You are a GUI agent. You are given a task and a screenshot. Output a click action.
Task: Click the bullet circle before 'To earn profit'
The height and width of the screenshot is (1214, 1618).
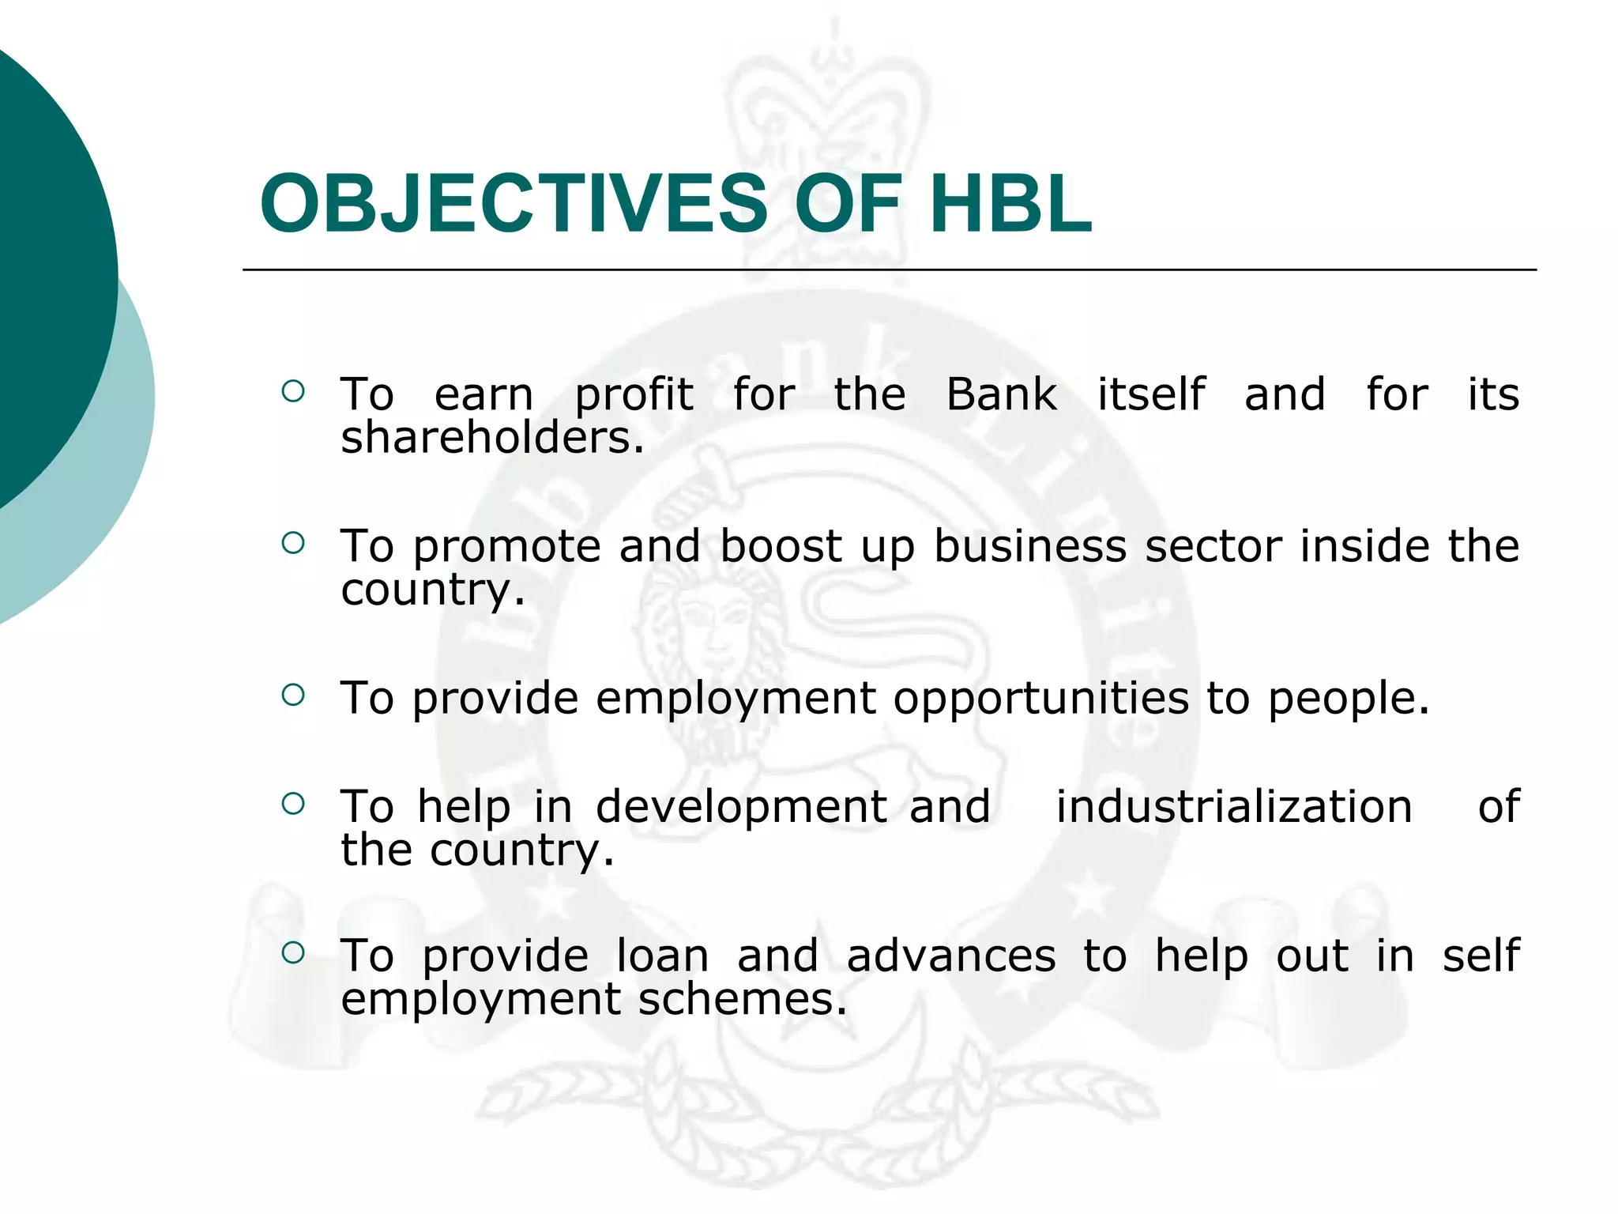click(292, 391)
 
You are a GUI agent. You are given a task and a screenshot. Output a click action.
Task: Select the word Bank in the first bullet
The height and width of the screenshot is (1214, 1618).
click(1000, 394)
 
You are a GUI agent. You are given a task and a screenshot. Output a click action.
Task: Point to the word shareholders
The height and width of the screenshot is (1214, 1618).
click(491, 438)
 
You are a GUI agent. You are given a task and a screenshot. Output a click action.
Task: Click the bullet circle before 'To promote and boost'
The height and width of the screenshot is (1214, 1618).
click(292, 543)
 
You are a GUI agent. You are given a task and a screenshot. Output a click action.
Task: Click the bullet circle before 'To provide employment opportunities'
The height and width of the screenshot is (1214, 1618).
click(292, 695)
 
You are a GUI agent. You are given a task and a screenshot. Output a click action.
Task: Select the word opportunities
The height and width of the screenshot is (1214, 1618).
click(1040, 699)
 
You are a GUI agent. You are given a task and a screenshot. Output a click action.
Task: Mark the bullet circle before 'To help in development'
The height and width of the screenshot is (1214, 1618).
click(292, 804)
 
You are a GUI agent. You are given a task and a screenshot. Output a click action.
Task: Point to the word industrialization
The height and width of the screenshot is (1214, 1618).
click(1234, 807)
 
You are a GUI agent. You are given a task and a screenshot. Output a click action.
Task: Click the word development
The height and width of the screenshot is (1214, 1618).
click(741, 807)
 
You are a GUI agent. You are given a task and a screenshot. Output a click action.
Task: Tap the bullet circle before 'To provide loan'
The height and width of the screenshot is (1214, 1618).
click(292, 952)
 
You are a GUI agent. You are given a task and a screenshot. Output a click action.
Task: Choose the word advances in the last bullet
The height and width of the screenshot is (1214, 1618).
click(950, 956)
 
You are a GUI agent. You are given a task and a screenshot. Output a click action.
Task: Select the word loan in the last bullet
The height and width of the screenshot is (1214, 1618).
click(662, 956)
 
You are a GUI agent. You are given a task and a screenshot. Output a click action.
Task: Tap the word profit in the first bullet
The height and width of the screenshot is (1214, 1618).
click(634, 394)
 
